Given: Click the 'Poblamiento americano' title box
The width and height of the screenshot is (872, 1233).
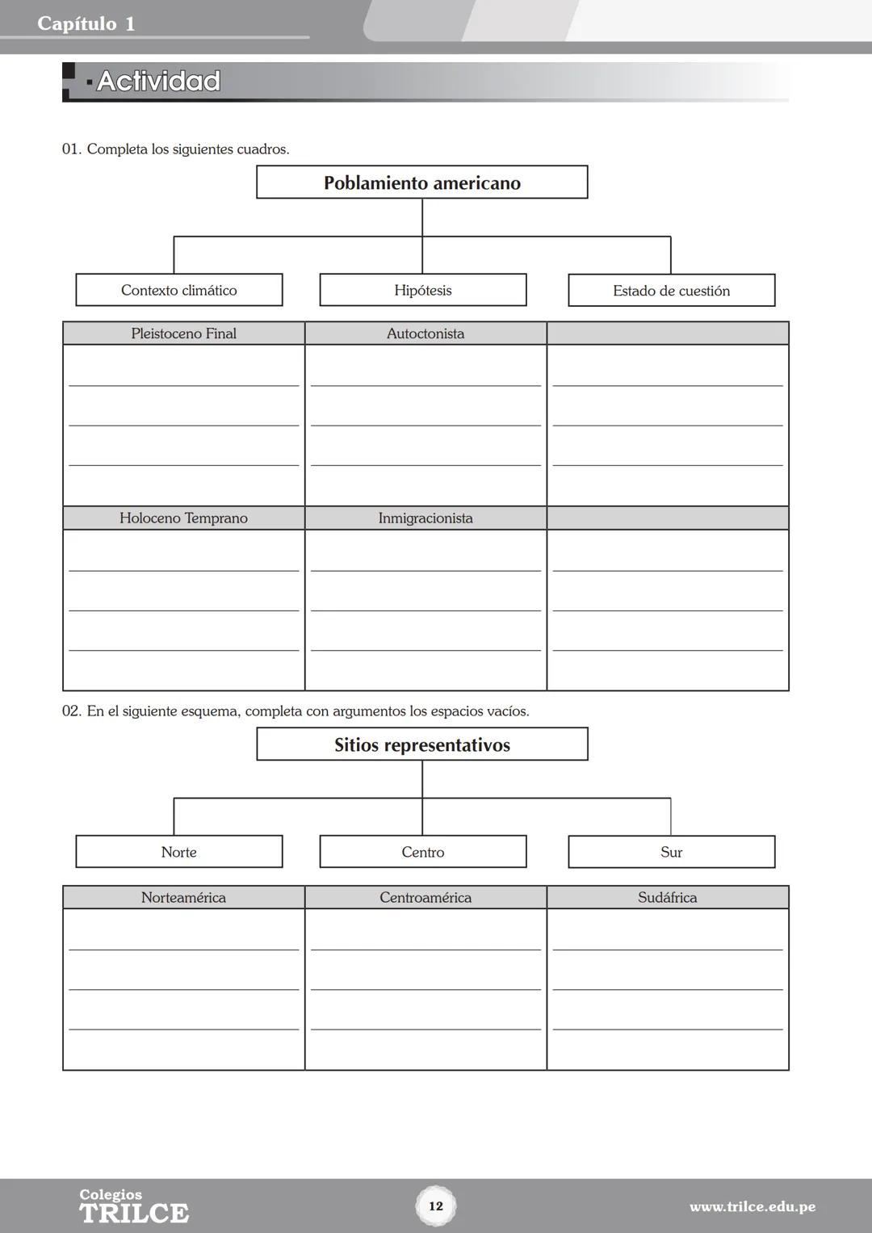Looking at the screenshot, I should [x=421, y=182].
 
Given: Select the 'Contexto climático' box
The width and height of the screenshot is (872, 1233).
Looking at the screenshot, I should [x=179, y=290].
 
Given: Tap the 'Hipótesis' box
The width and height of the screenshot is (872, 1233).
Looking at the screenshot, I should [x=423, y=290].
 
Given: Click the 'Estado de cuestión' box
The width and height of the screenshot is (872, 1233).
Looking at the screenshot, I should [x=671, y=291].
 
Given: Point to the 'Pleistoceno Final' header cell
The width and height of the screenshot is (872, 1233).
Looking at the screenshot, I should [x=184, y=333].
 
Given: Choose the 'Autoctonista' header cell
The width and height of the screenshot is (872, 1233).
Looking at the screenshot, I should [x=426, y=333].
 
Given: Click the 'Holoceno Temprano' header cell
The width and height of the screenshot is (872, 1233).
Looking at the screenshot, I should [x=184, y=518].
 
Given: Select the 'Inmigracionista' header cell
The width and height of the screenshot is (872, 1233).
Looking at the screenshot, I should [x=426, y=518].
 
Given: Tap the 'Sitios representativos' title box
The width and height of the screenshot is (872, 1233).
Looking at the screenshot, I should [x=421, y=744].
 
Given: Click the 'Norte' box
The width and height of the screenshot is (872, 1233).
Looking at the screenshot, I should [x=179, y=852].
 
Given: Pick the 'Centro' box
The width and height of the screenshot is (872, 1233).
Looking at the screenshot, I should [x=423, y=852].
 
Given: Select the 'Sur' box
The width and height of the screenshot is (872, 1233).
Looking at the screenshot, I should [x=671, y=852].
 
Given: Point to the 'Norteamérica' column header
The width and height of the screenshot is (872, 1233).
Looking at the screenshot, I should [x=184, y=897].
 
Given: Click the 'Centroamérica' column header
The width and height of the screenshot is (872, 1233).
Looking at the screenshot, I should [x=426, y=897].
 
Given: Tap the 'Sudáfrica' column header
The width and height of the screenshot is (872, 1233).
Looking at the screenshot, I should [x=668, y=897].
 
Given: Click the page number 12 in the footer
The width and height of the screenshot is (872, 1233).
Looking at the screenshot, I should [x=436, y=1206].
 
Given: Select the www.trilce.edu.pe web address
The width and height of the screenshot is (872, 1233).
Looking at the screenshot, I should [x=752, y=1207].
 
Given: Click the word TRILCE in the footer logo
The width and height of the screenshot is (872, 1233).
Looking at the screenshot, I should [x=134, y=1213].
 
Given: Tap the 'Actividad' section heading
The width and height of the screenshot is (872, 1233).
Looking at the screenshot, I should [x=158, y=82].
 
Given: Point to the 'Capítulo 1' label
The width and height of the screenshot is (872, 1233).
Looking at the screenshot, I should [x=86, y=24].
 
